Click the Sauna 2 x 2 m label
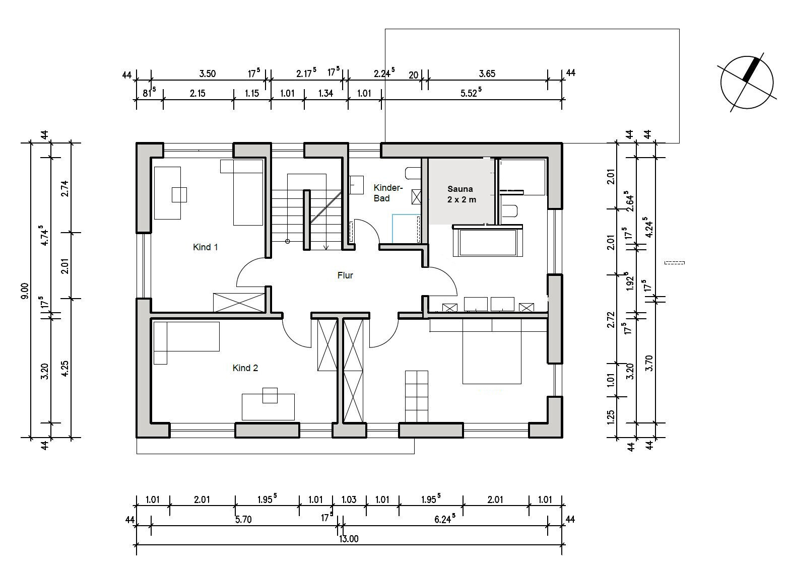(x=462, y=194)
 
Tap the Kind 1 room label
(x=206, y=247)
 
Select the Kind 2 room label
(x=245, y=368)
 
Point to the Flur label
(x=345, y=275)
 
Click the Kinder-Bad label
(x=388, y=193)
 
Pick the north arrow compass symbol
(x=747, y=83)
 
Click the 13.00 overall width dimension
(x=349, y=539)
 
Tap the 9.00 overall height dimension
(x=25, y=291)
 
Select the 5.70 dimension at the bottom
(x=243, y=519)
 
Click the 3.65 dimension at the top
(x=487, y=74)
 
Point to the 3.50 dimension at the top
(x=208, y=74)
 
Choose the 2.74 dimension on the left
(x=65, y=189)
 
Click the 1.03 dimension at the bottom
(x=349, y=499)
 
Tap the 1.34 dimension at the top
(x=325, y=93)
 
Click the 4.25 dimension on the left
(x=65, y=369)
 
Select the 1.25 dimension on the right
(x=611, y=417)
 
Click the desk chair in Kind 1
(x=179, y=195)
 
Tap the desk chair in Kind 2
(x=270, y=395)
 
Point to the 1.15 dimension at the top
(x=252, y=93)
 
